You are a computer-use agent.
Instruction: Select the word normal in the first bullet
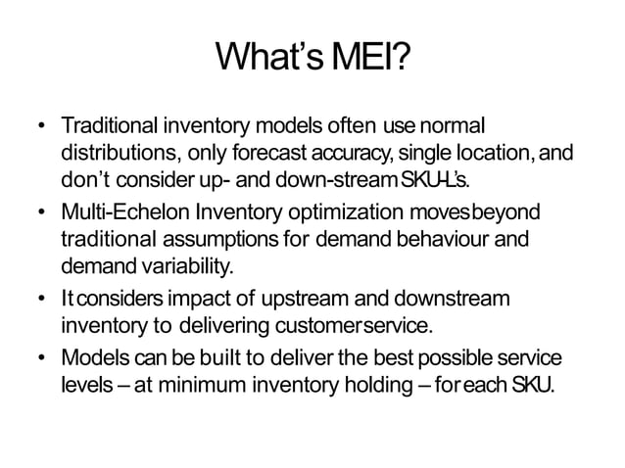click(x=454, y=128)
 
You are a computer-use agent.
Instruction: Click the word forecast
click(x=259, y=155)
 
